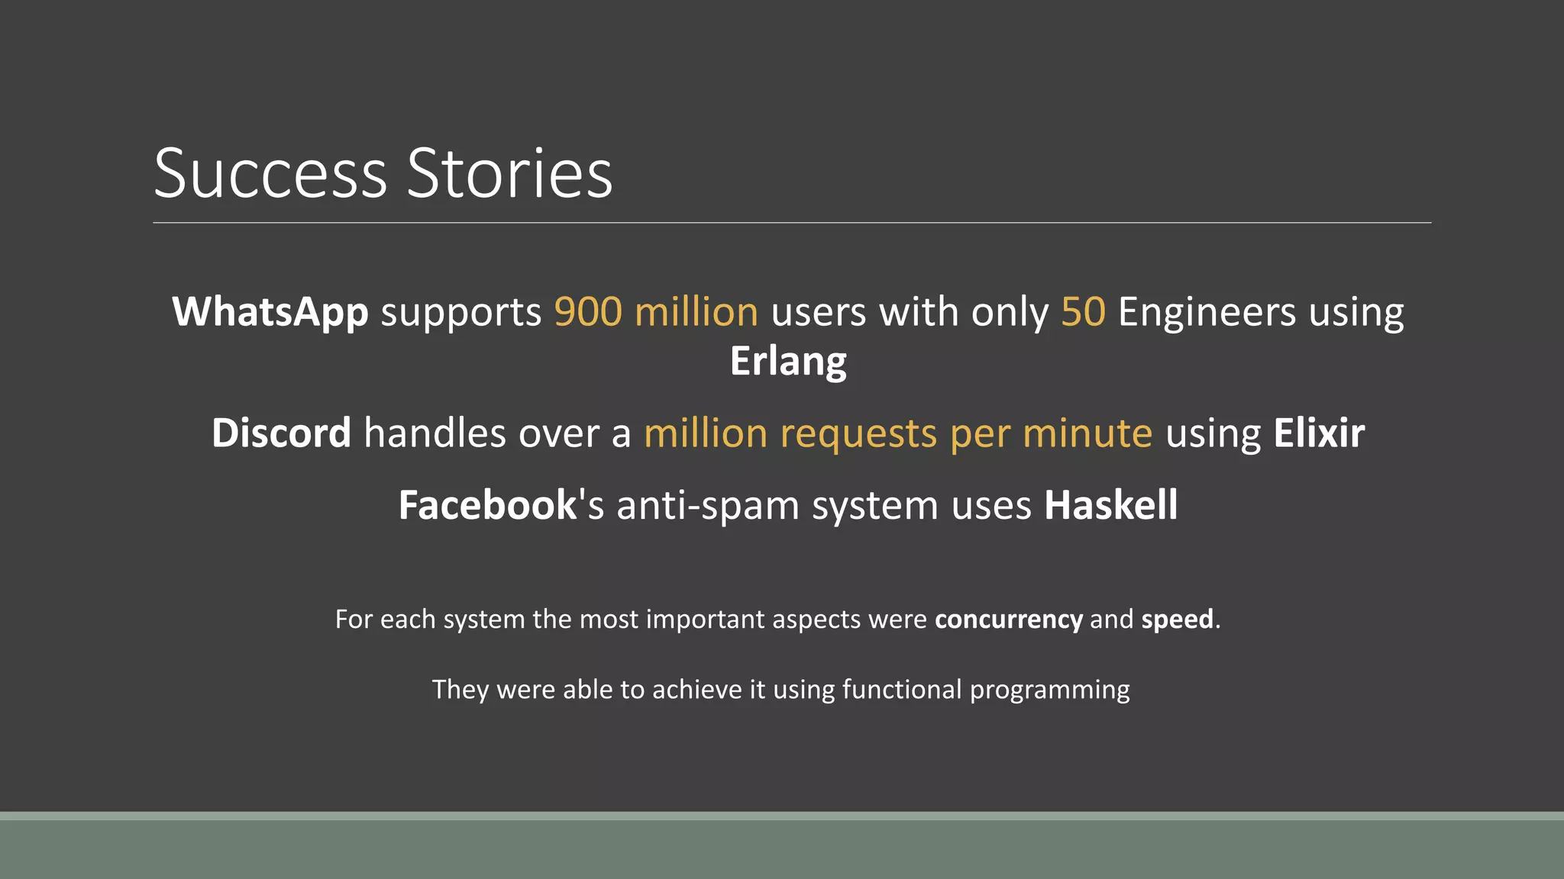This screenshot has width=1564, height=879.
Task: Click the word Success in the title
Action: [x=270, y=174]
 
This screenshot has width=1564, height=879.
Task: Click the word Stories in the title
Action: [x=509, y=174]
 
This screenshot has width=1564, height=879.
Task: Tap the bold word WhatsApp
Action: [x=270, y=313]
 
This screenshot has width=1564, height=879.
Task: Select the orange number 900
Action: [x=588, y=313]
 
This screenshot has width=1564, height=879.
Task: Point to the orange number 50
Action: [x=1083, y=313]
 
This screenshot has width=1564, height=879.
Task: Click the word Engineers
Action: [x=1207, y=313]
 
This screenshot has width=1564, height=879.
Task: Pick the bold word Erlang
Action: [x=788, y=362]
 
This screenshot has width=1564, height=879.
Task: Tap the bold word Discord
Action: [x=281, y=433]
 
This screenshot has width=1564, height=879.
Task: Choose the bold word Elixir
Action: [x=1319, y=433]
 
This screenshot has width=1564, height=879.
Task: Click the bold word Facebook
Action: [x=487, y=505]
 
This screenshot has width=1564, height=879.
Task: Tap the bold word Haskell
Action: [x=1110, y=505]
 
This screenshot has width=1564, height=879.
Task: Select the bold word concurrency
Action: [x=1008, y=620]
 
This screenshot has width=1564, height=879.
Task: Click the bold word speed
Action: [x=1177, y=620]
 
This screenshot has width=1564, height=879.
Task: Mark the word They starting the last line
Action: [x=460, y=690]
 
